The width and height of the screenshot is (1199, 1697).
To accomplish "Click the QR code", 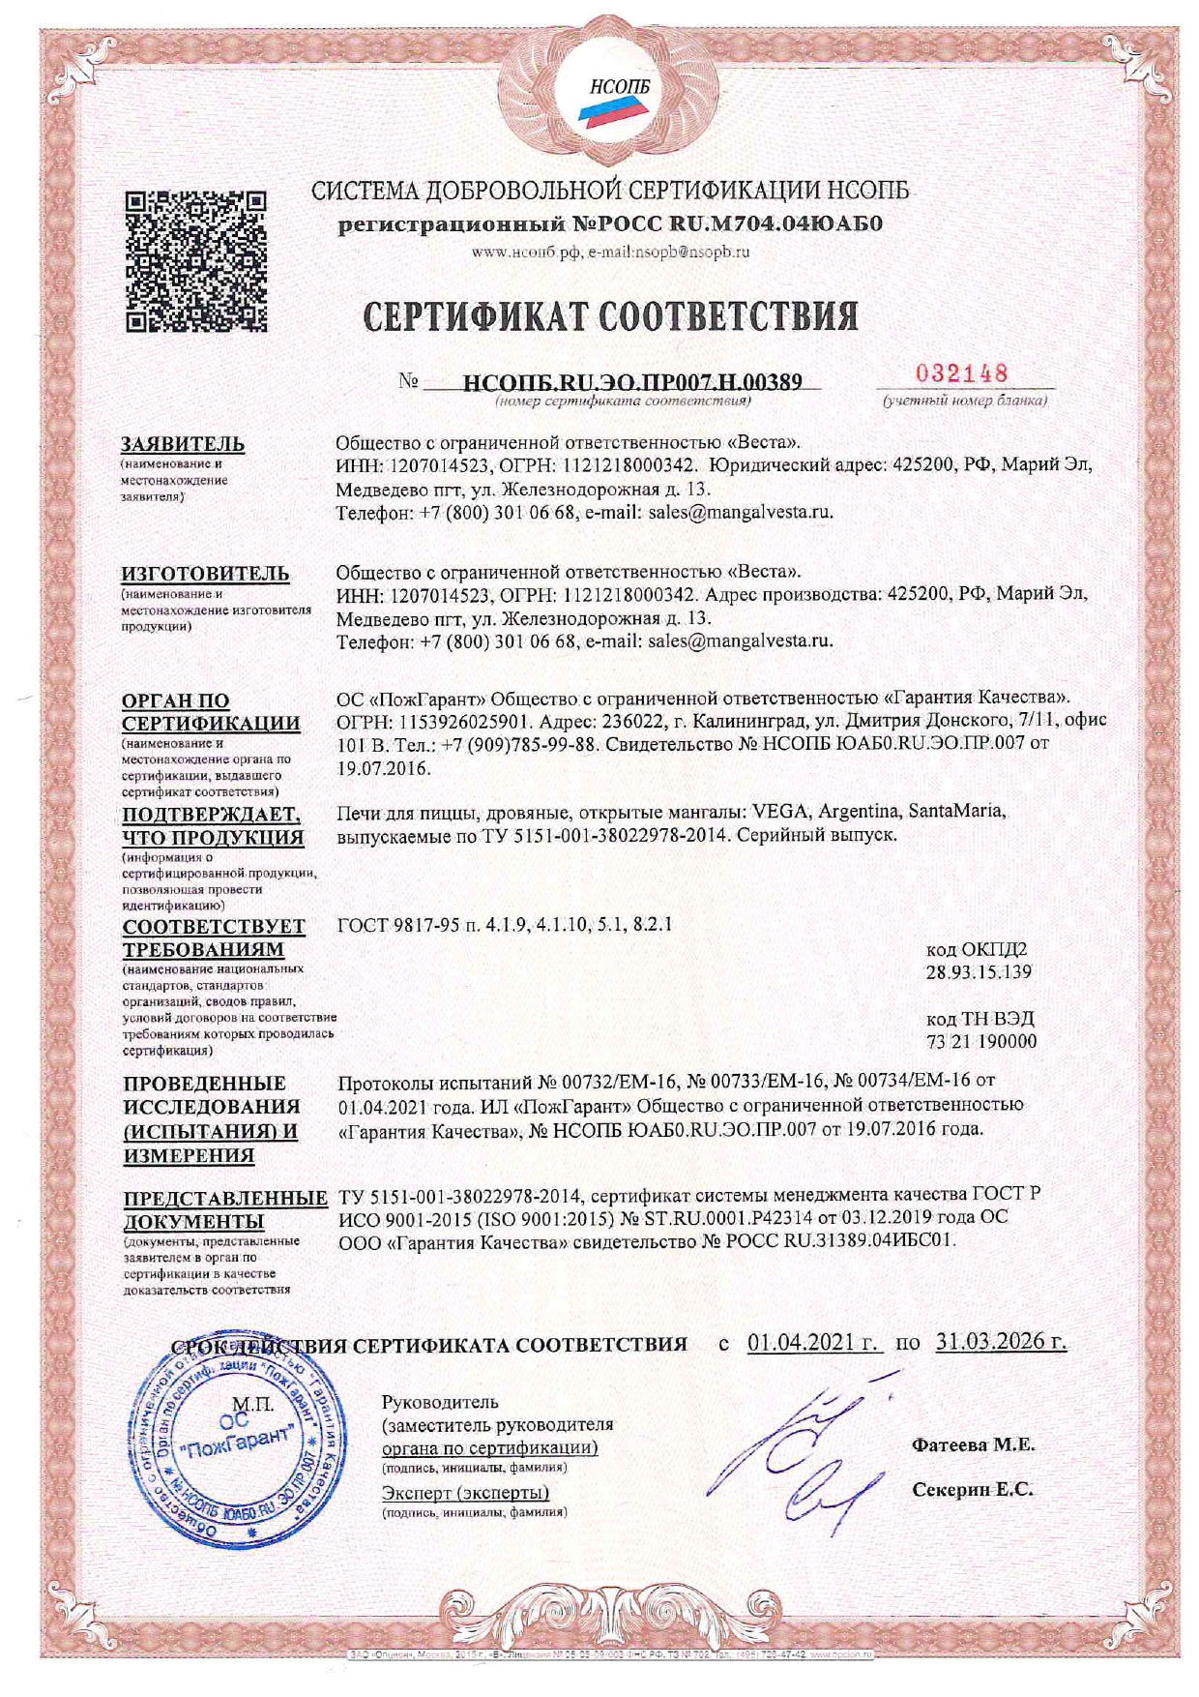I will [196, 261].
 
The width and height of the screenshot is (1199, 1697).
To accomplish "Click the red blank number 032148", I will [962, 373].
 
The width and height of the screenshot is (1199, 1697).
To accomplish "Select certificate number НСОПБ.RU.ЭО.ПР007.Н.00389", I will [633, 382].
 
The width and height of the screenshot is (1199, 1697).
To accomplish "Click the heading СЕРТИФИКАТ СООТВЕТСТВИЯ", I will [610, 316].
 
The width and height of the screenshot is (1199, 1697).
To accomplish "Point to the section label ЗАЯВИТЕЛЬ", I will [183, 444].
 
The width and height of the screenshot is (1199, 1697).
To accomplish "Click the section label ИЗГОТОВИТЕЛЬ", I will [205, 573].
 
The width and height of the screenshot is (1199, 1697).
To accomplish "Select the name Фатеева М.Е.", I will [973, 1445].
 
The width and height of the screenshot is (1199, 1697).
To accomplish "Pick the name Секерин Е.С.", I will [973, 1490].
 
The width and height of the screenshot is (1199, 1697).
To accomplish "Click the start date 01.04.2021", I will [814, 1343].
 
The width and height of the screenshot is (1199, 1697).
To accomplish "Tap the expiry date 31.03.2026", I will [1001, 1343].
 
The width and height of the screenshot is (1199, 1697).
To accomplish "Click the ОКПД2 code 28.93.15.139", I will [979, 971].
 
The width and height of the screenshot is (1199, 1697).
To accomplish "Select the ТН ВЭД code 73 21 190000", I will [980, 1041].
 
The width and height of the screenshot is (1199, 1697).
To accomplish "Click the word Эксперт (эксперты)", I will [465, 1493].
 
